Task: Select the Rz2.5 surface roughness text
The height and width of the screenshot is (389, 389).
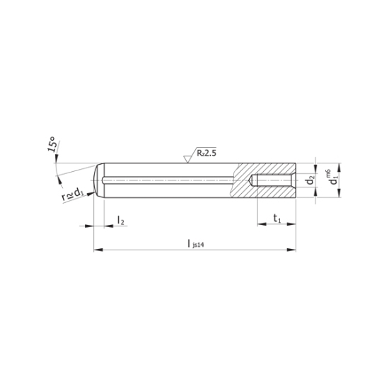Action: (x=207, y=153)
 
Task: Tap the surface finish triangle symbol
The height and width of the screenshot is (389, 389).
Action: (x=187, y=159)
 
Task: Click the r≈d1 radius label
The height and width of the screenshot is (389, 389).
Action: (x=72, y=194)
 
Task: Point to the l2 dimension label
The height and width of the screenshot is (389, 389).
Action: (x=120, y=220)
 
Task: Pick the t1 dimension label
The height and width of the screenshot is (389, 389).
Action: (x=277, y=219)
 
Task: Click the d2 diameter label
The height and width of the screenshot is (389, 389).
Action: (x=310, y=180)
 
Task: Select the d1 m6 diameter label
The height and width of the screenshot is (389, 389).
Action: (x=332, y=178)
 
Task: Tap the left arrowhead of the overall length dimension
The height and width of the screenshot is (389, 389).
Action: (x=98, y=250)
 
